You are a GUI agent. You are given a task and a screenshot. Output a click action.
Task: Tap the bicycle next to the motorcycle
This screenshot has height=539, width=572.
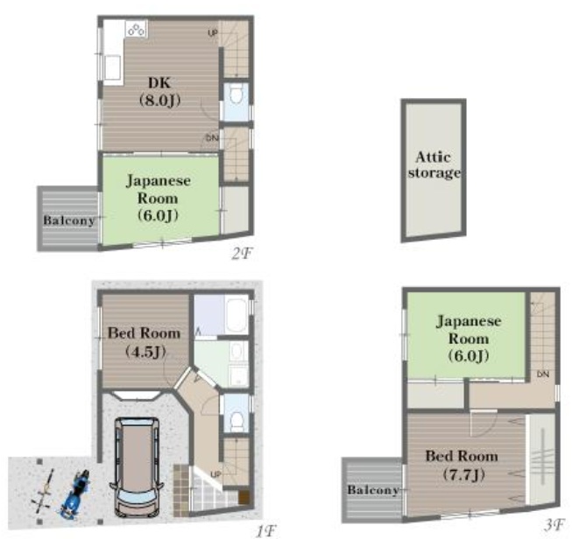pos(45,489)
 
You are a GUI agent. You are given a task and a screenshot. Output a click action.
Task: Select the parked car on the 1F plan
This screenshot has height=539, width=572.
pos(137,467)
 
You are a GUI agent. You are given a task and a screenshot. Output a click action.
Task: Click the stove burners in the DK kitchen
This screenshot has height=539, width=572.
pos(136,29)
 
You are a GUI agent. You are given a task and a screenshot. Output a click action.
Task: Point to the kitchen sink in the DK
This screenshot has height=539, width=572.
pos(113,67)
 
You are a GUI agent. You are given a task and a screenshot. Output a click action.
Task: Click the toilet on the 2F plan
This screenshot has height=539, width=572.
pos(236,94)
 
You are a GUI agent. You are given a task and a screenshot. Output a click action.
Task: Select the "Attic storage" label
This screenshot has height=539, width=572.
pos(434,164)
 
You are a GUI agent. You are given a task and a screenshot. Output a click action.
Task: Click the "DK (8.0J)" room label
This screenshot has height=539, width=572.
pos(160,91)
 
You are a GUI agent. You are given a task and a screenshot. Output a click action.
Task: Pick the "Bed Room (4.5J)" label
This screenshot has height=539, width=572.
pos(144,342)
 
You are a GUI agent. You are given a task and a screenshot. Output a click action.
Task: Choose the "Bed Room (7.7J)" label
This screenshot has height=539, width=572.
pos(462,465)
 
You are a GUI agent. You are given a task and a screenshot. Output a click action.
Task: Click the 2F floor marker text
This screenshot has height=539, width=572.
pos(242,254)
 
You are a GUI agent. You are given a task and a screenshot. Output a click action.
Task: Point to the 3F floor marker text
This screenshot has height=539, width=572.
pos(554,525)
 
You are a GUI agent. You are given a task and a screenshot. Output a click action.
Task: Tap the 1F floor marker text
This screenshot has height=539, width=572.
pos(265,531)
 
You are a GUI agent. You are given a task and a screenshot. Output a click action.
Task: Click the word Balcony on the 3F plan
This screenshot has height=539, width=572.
pos(373,490)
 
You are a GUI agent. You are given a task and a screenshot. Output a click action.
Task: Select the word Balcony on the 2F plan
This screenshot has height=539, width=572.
pos(69,220)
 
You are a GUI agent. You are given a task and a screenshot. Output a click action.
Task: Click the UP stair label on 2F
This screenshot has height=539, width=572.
pos(213,33)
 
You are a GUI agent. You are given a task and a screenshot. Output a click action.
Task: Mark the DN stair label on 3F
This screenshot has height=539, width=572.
pos(543,374)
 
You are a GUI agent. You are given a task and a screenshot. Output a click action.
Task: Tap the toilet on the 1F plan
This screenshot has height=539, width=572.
pos(237,420)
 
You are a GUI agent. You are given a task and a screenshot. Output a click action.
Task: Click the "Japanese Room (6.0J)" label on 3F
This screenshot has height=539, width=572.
pos(469,339)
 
